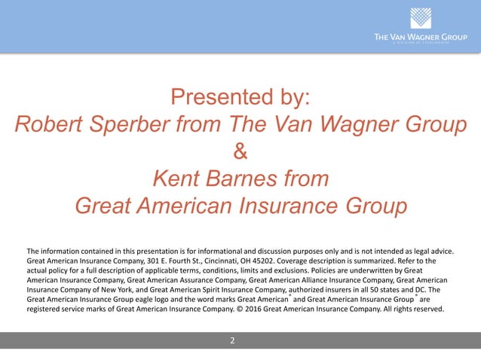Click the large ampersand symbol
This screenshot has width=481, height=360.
click(x=240, y=152)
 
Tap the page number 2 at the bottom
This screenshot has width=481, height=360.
click(x=232, y=340)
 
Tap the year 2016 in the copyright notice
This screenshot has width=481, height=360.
click(x=293, y=308)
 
